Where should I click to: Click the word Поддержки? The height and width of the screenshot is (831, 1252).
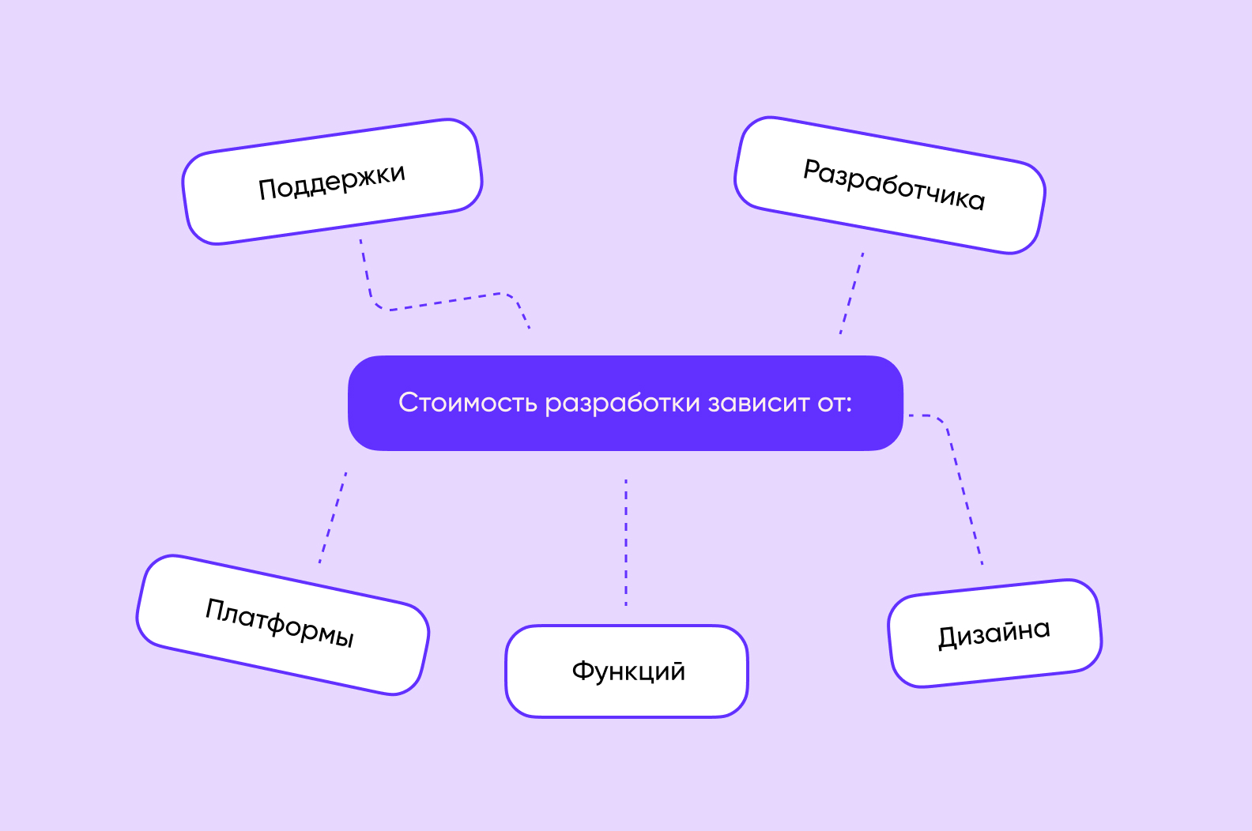[331, 182]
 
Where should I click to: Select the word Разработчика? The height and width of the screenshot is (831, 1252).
[894, 185]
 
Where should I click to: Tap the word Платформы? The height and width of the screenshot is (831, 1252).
[280, 622]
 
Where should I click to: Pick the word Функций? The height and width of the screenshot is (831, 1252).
[628, 671]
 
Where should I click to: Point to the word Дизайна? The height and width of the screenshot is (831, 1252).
[994, 634]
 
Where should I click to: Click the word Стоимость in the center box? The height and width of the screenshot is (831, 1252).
[468, 403]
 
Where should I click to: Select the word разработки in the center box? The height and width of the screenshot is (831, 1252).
[622, 404]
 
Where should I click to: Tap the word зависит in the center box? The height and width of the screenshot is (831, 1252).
[758, 403]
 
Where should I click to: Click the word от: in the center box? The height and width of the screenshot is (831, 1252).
[835, 403]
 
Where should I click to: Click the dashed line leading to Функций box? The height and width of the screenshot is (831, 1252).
[626, 542]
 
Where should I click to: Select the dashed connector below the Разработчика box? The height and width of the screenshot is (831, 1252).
[851, 293]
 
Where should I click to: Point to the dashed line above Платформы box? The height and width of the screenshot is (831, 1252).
[333, 517]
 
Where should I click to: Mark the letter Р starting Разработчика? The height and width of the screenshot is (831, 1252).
[812, 170]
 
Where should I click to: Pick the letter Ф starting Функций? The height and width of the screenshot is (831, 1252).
[583, 671]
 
